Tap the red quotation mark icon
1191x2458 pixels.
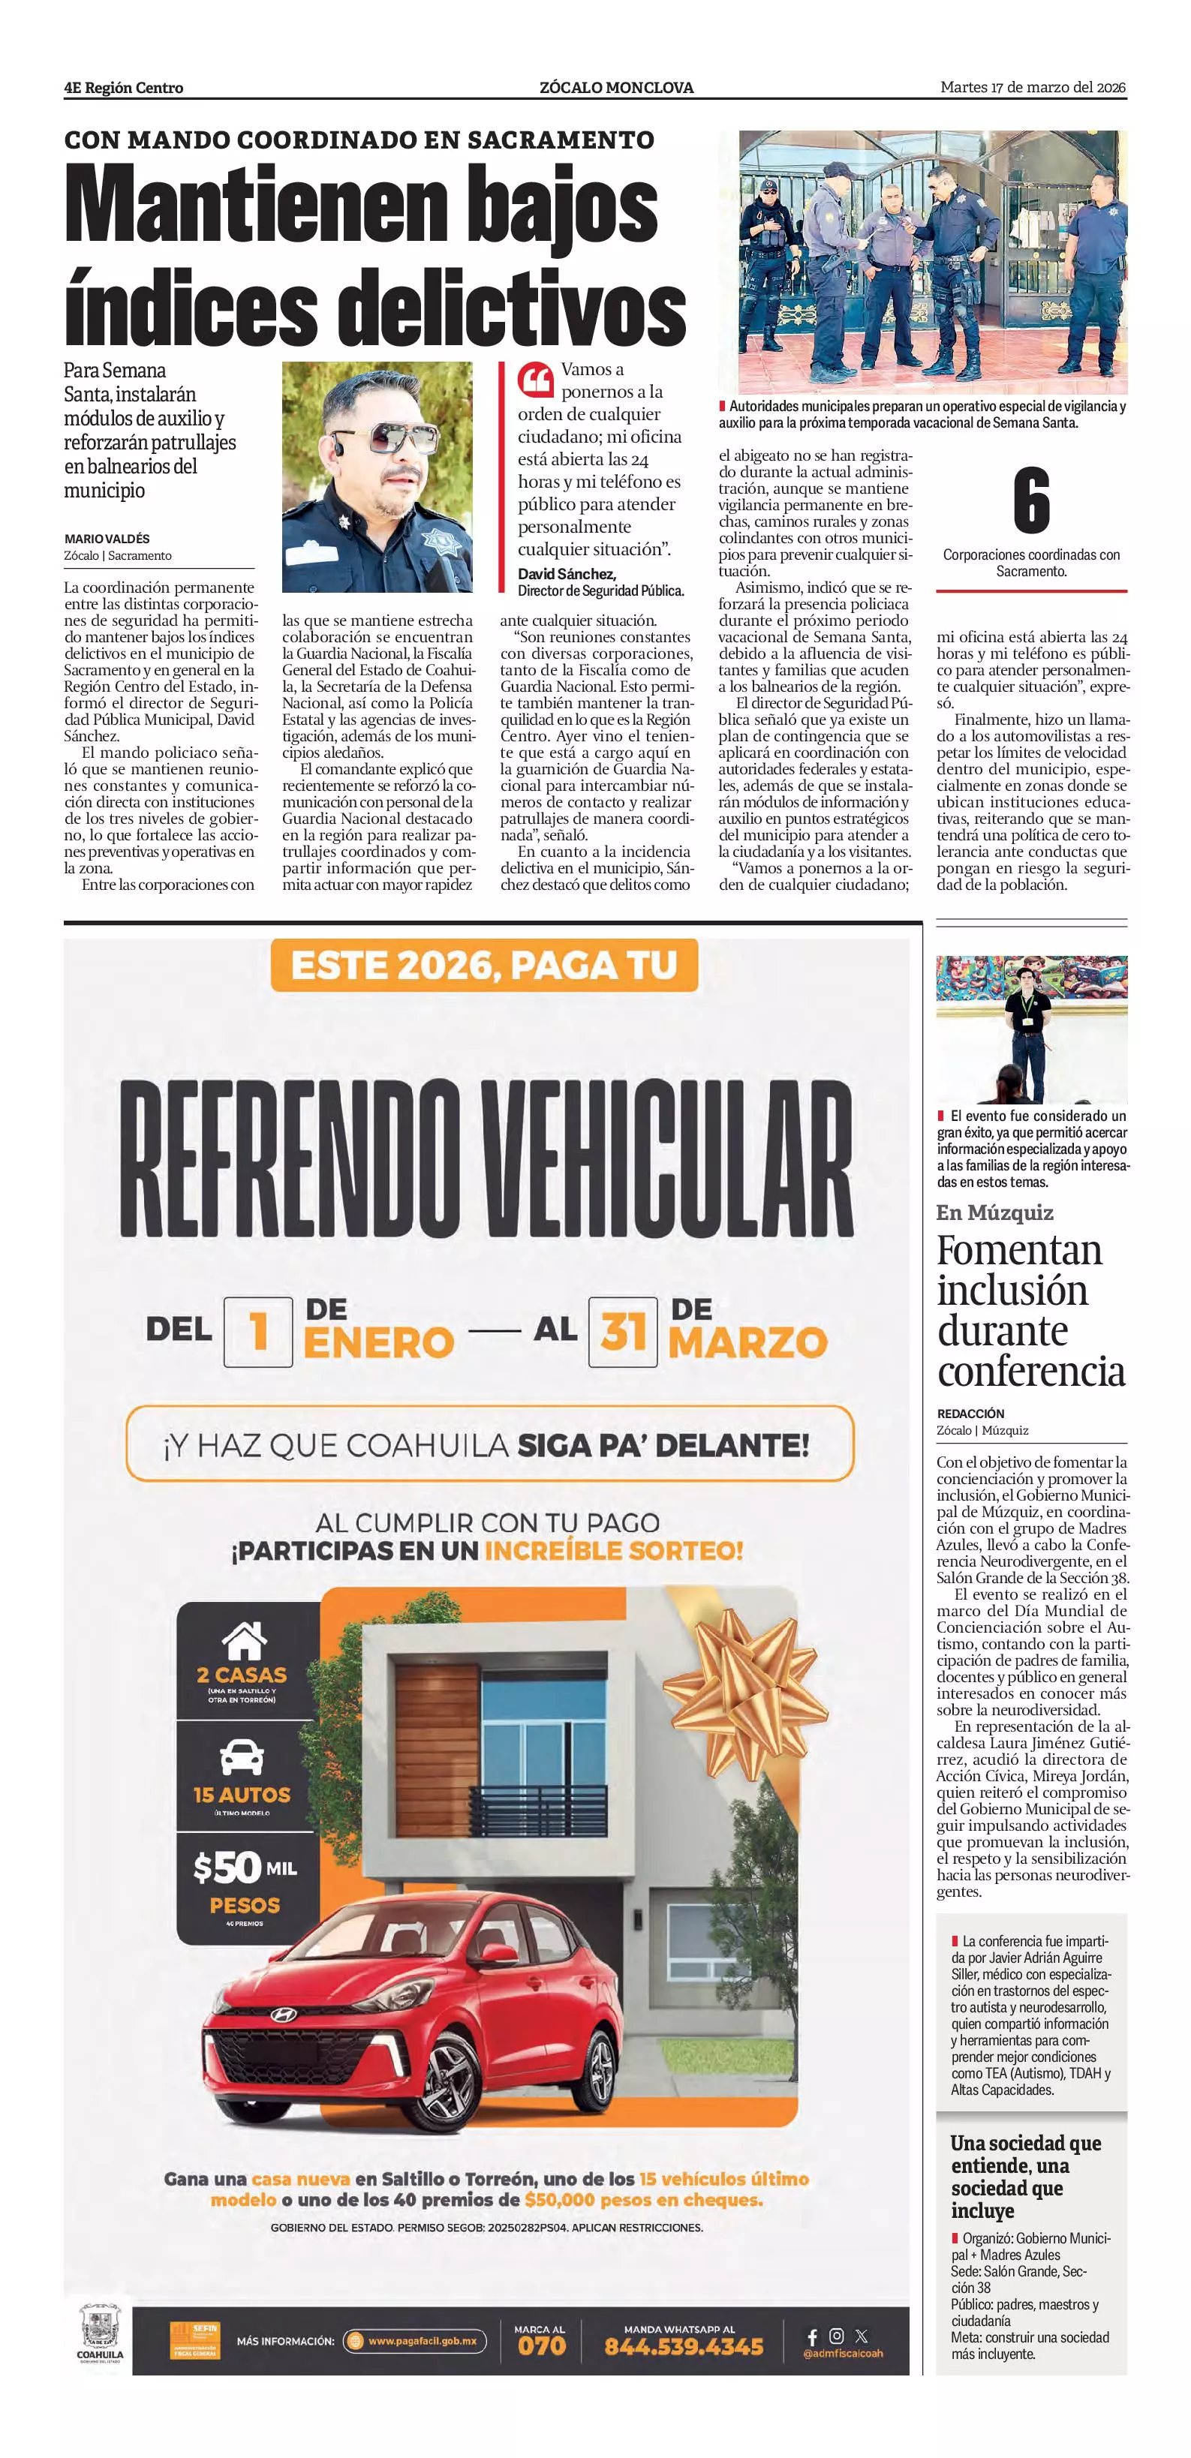[x=535, y=380]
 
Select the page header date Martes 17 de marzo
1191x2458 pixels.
[x=1033, y=88]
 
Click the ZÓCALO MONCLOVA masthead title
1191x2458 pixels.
[x=616, y=88]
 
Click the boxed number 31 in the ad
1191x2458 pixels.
[x=623, y=1331]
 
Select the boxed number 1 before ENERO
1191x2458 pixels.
[x=257, y=1332]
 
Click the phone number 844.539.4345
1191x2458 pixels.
[x=683, y=2346]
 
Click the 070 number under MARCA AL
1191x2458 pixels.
[x=541, y=2346]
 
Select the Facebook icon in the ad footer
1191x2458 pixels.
[x=812, y=2336]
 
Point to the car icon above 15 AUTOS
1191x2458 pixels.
[x=242, y=1755]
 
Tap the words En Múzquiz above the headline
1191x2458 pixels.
[x=994, y=1212]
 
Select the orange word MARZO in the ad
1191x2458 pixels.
[x=747, y=1342]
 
